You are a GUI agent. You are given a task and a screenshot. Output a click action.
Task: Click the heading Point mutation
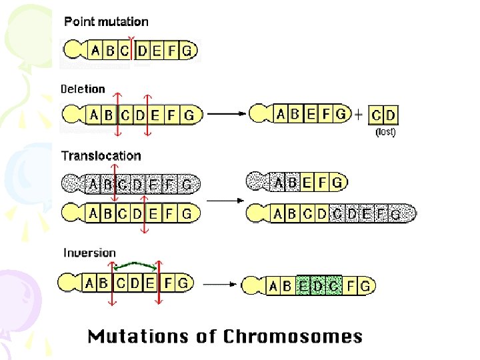pos(106,21)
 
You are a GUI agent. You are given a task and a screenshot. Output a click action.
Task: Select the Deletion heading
pos(83,89)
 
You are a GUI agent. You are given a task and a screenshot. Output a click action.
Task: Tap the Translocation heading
pos(101,155)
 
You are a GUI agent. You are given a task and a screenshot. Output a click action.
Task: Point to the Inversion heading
pos(89,253)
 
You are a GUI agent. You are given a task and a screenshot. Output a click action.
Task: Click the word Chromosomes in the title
pos(293,336)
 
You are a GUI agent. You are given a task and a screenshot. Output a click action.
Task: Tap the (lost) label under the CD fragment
pos(385,132)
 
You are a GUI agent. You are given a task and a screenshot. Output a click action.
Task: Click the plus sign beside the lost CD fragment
pos(359,114)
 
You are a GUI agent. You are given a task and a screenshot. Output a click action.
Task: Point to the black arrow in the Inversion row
pos(221,283)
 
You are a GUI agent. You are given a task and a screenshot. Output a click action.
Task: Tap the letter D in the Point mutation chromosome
pos(143,50)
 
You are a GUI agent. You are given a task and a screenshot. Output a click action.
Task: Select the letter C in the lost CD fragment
pos(377,115)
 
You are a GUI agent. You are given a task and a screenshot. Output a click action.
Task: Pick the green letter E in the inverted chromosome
pos(305,285)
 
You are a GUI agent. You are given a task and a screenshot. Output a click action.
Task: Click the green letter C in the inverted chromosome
pos(333,285)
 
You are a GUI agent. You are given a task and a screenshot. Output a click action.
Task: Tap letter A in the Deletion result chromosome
pos(281,113)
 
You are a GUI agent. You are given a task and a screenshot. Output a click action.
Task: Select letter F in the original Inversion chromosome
pos(168,283)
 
